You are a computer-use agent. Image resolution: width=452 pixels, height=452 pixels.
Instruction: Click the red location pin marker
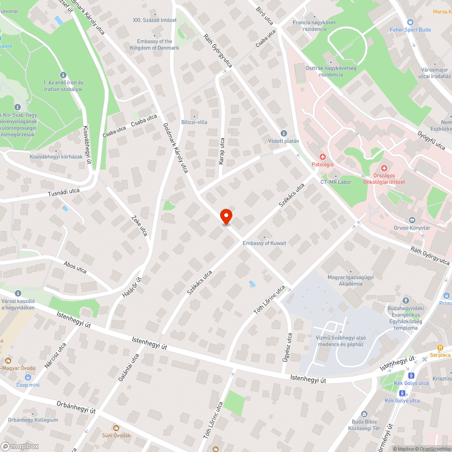[x=226, y=217]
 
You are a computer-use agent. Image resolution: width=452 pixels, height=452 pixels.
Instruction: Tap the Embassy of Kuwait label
[x=264, y=243]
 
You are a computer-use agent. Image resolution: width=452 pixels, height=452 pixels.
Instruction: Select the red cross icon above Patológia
[x=323, y=156]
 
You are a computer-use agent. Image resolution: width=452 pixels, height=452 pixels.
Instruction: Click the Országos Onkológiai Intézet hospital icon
[x=384, y=168]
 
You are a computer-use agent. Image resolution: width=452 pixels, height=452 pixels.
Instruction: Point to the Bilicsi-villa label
[x=194, y=122]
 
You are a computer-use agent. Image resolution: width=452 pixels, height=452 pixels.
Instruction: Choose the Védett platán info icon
[x=283, y=133]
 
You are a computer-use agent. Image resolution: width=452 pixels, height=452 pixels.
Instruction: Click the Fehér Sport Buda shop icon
[x=410, y=22]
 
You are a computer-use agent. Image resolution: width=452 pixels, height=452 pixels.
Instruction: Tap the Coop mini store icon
[x=28, y=377]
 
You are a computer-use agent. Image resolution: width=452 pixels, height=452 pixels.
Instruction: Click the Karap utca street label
[x=221, y=151]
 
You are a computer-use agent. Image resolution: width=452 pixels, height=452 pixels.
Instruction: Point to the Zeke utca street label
[x=139, y=225]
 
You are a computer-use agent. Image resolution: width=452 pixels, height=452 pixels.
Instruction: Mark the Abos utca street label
[x=75, y=267]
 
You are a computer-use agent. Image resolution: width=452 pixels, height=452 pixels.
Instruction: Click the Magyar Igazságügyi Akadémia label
[x=345, y=281]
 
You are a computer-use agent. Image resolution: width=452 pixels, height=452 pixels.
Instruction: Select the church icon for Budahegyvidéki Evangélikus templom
[x=405, y=301]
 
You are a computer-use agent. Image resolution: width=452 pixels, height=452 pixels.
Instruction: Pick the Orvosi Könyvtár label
[x=411, y=228]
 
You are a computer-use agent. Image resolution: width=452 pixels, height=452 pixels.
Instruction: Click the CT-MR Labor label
[x=336, y=182]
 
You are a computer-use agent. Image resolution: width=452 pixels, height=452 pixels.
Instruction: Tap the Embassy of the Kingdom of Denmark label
[x=155, y=44]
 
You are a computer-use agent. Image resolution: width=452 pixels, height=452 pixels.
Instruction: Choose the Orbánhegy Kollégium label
[x=33, y=420]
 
